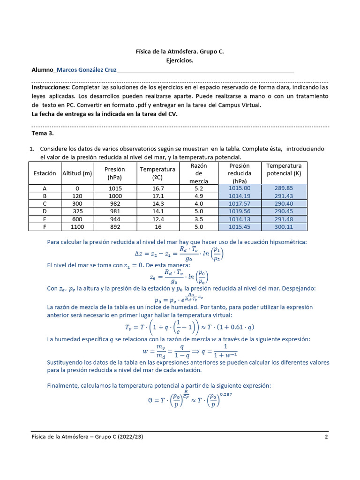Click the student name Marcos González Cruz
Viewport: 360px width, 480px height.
tap(86, 70)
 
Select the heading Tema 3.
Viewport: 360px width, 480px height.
tap(43, 133)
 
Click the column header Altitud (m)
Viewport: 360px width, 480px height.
tap(77, 173)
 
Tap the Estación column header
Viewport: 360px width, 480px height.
tap(45, 173)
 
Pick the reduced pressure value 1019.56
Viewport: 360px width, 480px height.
tap(240, 211)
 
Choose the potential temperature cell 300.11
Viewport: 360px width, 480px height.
tap(284, 227)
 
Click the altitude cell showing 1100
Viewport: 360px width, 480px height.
tap(77, 227)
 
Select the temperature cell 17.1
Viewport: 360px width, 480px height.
tap(157, 196)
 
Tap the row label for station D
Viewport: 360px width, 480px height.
tap(45, 211)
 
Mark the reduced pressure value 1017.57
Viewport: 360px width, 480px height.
tap(240, 204)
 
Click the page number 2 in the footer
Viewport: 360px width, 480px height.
tap(326, 437)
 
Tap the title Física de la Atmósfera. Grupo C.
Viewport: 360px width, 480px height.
tap(180, 52)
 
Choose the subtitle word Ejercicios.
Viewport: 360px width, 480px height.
tap(180, 60)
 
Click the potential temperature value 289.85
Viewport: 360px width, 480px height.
tap(284, 188)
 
